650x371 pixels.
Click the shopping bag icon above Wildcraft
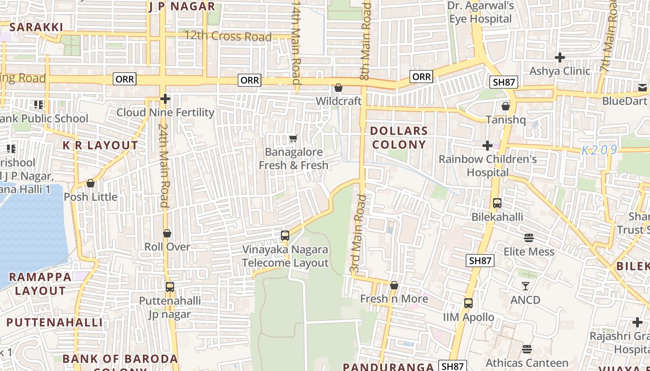click(338, 88)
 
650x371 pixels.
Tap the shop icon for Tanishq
click(506, 107)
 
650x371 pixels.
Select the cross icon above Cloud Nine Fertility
click(165, 99)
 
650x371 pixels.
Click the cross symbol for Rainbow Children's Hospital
click(487, 146)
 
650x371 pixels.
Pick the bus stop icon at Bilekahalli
click(497, 203)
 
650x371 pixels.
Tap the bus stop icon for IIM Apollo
click(468, 303)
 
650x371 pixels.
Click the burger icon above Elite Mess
click(529, 238)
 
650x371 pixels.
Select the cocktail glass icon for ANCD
click(525, 286)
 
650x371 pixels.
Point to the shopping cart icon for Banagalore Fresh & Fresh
click(293, 139)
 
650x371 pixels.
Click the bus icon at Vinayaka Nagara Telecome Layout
click(285, 236)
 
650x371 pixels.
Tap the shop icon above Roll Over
click(167, 233)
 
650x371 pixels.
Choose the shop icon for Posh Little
click(91, 184)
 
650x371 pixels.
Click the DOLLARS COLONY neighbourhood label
click(399, 138)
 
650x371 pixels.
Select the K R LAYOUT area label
click(100, 146)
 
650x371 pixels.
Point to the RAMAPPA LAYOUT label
click(40, 284)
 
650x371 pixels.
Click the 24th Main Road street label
click(163, 165)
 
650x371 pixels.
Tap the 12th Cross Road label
click(227, 36)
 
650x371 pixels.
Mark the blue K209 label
click(599, 150)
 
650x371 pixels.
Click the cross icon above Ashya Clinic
click(560, 58)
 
